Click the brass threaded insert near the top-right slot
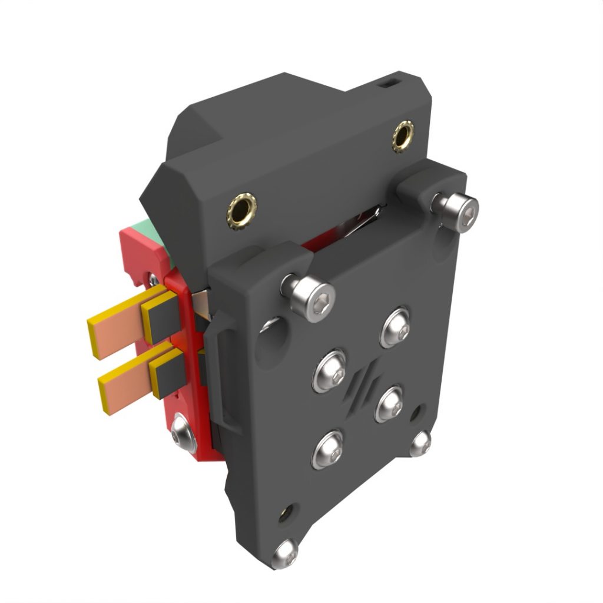tap(403, 136)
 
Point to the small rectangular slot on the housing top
tap(389, 84)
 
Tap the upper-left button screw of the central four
tap(329, 370)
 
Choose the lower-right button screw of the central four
tap(389, 404)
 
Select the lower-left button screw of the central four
tap(327, 449)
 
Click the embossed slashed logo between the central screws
tap(360, 386)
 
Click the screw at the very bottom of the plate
tap(286, 553)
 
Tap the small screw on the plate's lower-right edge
tap(420, 443)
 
